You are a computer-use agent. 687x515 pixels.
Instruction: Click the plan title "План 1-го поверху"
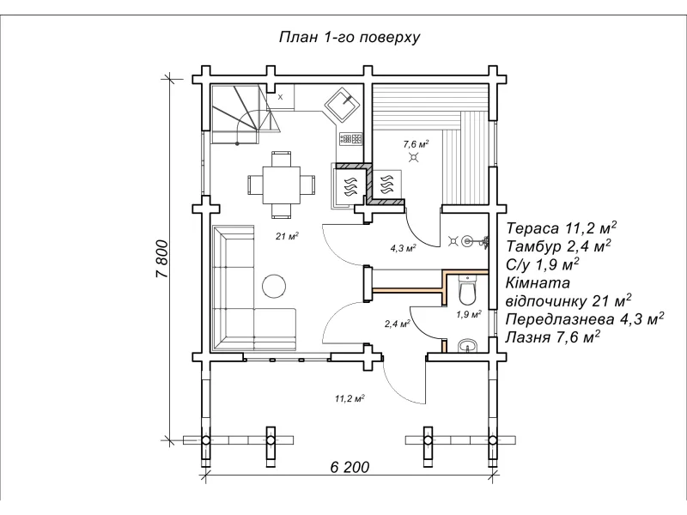(350, 37)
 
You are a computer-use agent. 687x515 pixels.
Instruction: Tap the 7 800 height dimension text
(161, 259)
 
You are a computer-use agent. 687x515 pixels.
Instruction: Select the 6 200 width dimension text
(350, 467)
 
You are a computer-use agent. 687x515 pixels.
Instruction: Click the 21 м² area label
(287, 237)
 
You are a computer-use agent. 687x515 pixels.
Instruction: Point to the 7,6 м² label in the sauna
(416, 143)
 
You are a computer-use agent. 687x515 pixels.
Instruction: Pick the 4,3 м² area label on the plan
(403, 249)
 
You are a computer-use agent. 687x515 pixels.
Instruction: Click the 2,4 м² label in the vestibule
(398, 324)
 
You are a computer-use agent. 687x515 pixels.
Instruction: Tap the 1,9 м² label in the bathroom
(469, 314)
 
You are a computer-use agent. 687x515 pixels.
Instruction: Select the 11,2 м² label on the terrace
(350, 398)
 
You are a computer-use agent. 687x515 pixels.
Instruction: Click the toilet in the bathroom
(467, 290)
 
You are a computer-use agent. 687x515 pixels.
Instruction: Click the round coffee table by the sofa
(274, 286)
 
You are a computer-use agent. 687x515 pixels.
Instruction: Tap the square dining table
(282, 185)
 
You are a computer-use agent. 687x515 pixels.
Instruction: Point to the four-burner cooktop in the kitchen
(351, 139)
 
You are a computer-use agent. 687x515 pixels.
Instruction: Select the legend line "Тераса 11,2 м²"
(562, 228)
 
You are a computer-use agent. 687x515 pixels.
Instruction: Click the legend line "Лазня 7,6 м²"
(553, 337)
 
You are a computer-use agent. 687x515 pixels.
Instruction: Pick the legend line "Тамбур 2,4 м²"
(559, 246)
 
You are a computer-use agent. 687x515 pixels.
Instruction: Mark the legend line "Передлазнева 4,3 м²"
(585, 318)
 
